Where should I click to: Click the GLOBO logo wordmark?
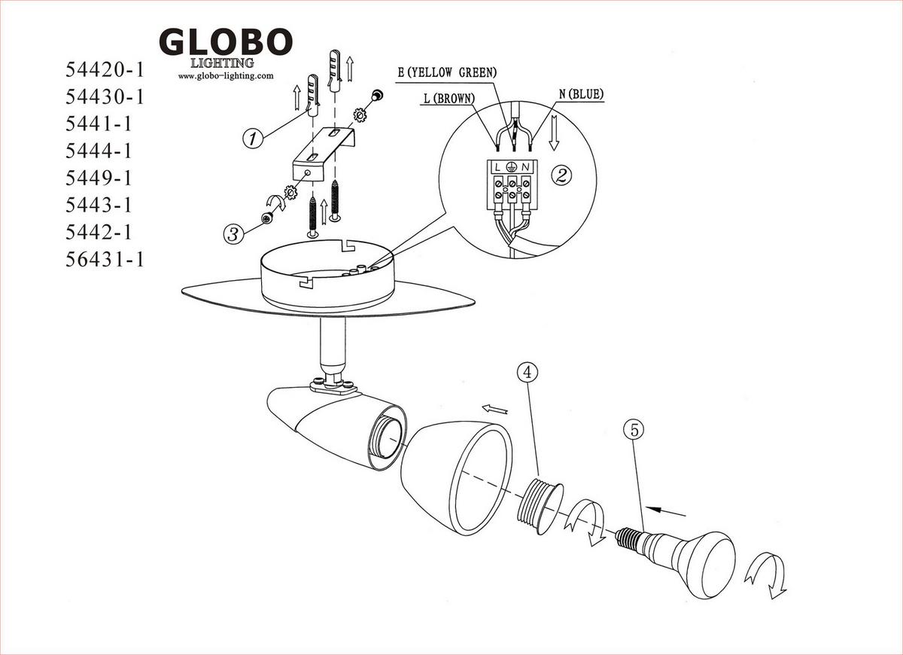[226, 41]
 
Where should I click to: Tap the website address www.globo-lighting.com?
[226, 76]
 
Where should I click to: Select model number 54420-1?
[105, 70]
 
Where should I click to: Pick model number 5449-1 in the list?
[99, 178]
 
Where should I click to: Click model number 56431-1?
[105, 259]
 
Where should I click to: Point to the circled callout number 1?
[253, 139]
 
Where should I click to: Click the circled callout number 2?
[561, 175]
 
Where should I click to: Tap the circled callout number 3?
[234, 234]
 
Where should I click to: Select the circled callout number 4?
[528, 372]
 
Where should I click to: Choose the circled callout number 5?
[634, 431]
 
